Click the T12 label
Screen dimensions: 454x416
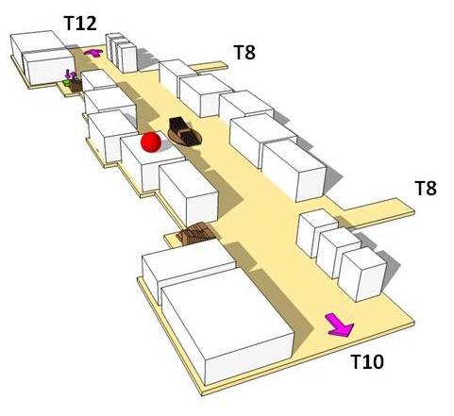[80, 23]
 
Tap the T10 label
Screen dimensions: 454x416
[367, 361]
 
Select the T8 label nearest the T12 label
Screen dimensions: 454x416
[244, 52]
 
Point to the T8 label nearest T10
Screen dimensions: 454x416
[426, 188]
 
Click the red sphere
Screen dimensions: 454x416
[151, 142]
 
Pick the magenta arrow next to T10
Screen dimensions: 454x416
[340, 325]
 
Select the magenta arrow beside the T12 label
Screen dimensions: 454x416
[93, 53]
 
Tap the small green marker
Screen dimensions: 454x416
[66, 83]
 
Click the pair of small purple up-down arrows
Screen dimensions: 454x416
[71, 75]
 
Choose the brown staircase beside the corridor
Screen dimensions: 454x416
[195, 233]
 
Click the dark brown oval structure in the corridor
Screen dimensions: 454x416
[184, 132]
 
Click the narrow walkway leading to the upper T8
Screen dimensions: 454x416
[210, 66]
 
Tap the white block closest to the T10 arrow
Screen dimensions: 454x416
[362, 275]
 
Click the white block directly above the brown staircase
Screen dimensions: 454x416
[189, 191]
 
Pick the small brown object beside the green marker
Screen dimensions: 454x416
[76, 85]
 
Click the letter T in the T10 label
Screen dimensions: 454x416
[356, 361]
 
